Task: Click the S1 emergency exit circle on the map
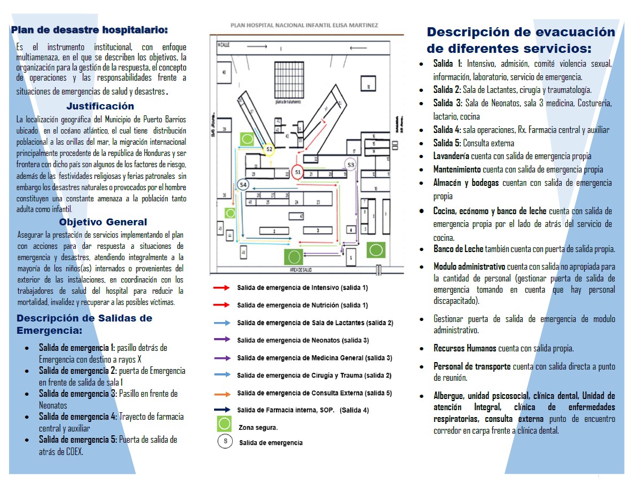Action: click(297, 172)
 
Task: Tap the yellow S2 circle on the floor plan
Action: click(269, 149)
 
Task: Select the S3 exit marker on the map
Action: click(350, 164)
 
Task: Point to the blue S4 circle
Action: click(243, 185)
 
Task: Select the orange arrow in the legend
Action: click(222, 394)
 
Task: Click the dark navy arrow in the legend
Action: click(222, 410)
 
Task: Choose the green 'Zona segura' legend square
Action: click(224, 425)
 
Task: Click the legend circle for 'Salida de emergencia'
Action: click(225, 442)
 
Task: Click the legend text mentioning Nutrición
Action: click(302, 305)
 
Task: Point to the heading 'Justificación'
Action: click(100, 106)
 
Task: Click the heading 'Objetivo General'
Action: click(103, 222)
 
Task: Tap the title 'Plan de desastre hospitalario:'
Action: click(89, 30)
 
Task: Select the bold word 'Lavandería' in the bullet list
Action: click(451, 156)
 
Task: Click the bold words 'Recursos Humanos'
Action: click(464, 349)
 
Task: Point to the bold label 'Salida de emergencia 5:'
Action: click(78, 440)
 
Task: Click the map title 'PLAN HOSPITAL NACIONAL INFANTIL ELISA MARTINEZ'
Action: click(305, 25)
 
